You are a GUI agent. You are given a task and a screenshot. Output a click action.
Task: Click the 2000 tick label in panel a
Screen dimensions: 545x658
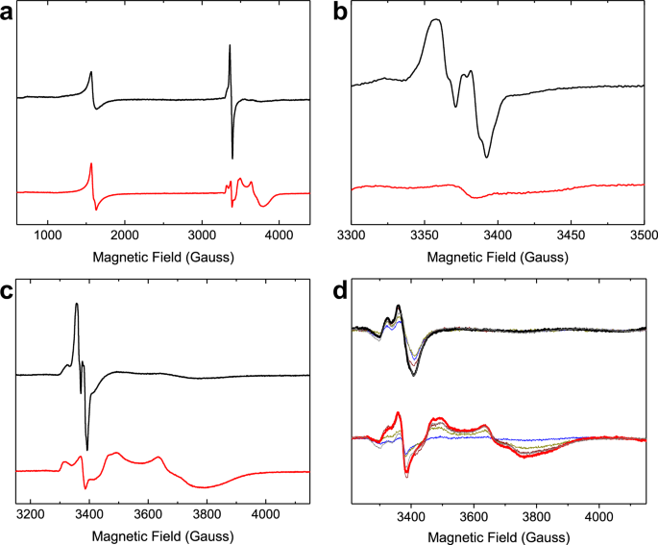tap(124, 235)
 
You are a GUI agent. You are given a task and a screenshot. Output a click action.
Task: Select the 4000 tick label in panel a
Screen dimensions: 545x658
tap(279, 235)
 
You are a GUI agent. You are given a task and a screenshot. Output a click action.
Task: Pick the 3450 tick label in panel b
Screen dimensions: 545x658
tap(571, 235)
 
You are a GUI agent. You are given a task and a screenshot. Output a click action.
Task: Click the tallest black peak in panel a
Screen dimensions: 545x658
tap(230, 46)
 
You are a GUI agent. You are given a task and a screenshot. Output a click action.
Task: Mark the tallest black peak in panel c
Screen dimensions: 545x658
tap(77, 305)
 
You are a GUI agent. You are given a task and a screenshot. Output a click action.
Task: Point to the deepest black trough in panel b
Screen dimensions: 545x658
tap(487, 157)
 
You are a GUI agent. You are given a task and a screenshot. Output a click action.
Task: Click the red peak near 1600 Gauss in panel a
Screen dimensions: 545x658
tap(91, 164)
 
